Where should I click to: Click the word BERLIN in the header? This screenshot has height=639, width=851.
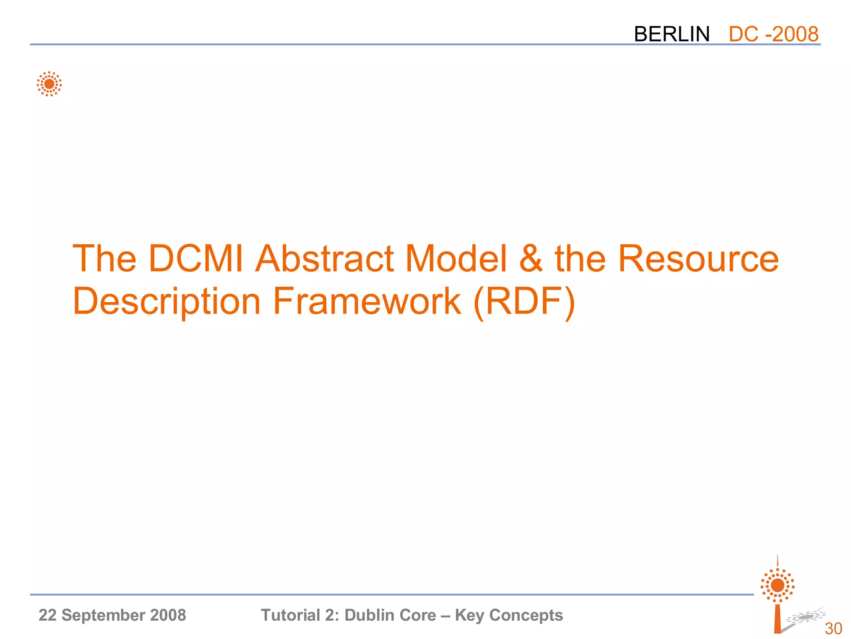[671, 34]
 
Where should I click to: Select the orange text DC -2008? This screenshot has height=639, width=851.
[773, 34]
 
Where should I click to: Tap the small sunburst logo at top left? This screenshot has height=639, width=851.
[49, 84]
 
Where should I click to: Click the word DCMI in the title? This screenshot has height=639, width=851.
[195, 259]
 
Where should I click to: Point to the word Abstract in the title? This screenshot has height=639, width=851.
[325, 259]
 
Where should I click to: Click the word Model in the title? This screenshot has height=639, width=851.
[456, 259]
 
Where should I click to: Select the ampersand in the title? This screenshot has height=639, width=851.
[531, 259]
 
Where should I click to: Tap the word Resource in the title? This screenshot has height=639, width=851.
[698, 259]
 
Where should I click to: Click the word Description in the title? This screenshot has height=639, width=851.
[167, 301]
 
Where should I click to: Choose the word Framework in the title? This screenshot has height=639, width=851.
[367, 301]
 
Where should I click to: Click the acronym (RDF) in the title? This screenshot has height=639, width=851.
[524, 301]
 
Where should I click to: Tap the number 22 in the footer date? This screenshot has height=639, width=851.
[47, 615]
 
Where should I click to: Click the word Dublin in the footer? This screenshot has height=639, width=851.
[369, 615]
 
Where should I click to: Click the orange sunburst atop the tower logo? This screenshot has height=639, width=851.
[777, 585]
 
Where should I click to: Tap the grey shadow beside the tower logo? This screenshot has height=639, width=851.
[805, 617]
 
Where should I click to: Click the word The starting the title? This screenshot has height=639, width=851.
[104, 259]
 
